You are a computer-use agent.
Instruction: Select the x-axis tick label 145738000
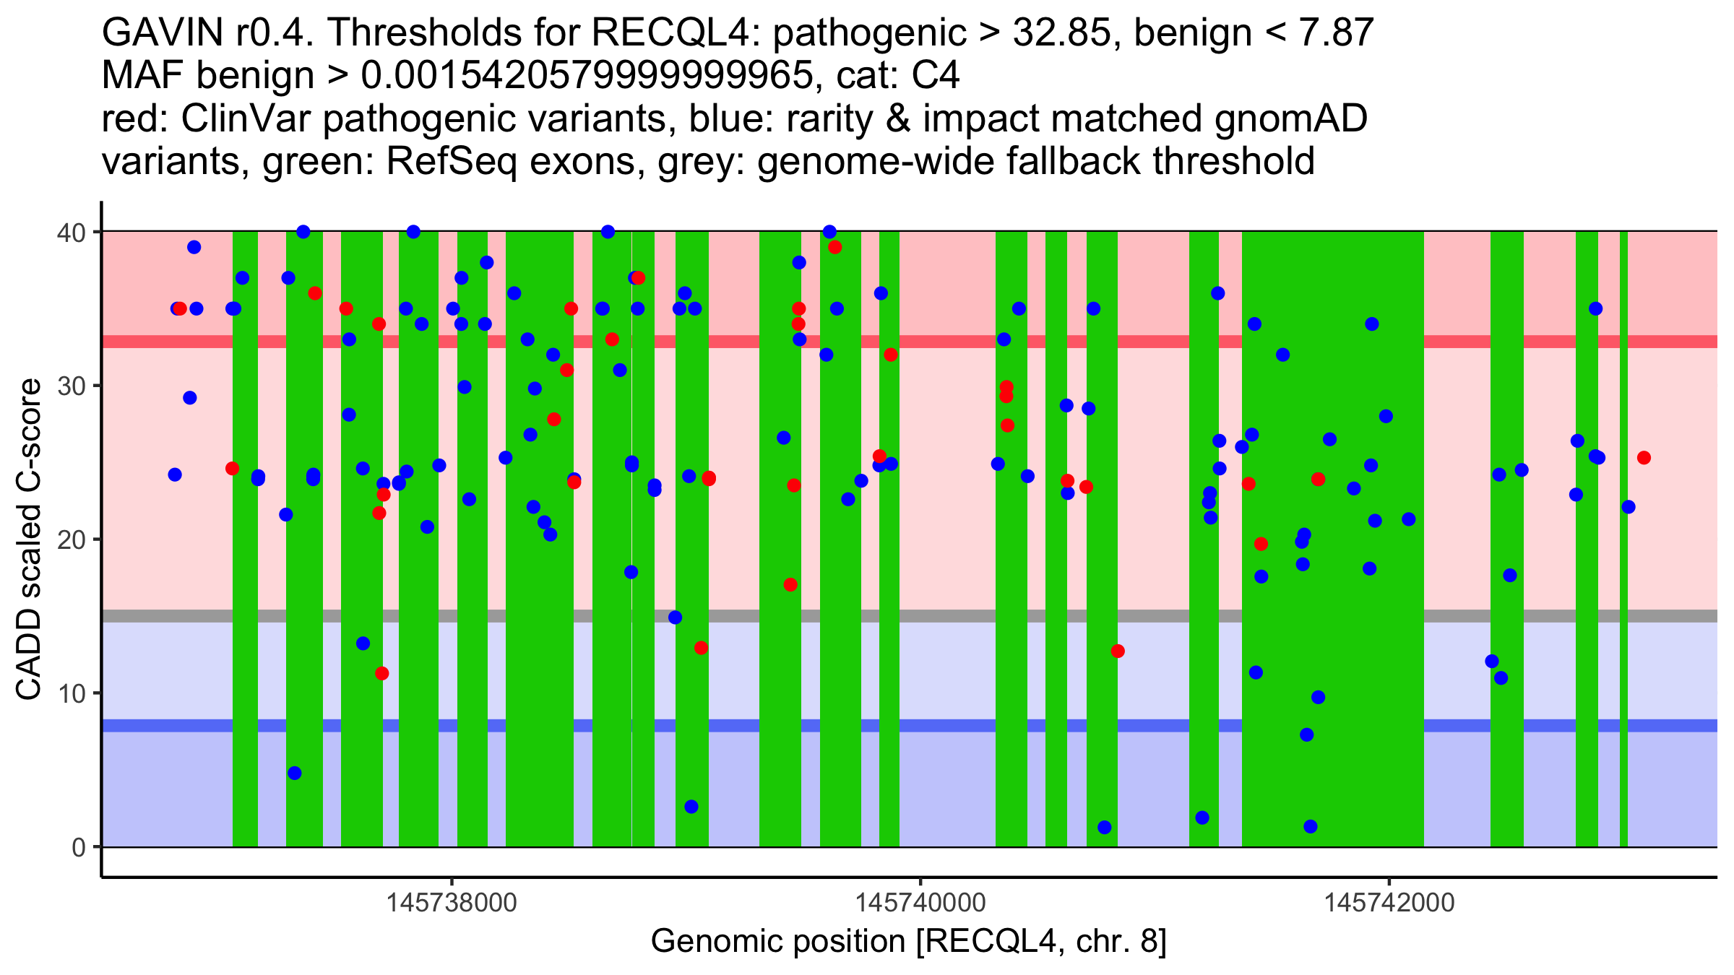point(452,903)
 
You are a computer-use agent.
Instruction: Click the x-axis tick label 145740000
point(920,903)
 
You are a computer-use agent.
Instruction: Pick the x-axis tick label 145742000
point(1389,903)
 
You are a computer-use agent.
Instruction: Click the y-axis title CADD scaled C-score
point(29,540)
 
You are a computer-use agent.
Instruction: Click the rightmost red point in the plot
point(1644,458)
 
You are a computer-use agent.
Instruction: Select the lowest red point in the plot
point(382,674)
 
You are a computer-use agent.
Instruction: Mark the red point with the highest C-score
point(834,248)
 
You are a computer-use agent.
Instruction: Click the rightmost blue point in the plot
point(1628,507)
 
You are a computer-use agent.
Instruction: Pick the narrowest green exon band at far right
point(1623,539)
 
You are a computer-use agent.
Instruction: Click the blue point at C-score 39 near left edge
point(194,248)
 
